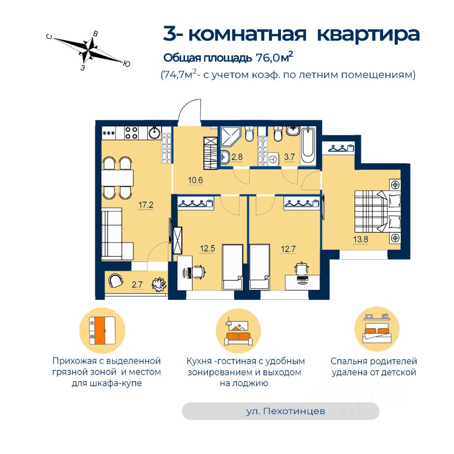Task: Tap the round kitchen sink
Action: pyautogui.click(x=154, y=133)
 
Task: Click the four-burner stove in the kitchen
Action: pyautogui.click(x=132, y=133)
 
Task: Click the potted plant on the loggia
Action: pyautogui.click(x=157, y=284)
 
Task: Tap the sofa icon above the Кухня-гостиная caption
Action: pyautogui.click(x=238, y=332)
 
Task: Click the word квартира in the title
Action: pyautogui.click(x=367, y=34)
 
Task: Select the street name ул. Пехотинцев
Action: pyautogui.click(x=286, y=411)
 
